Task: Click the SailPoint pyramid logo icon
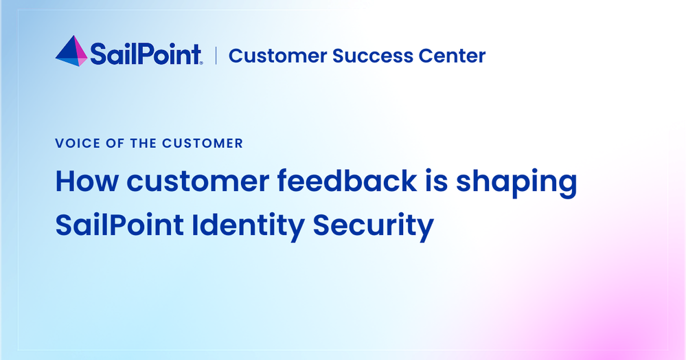pos(71,52)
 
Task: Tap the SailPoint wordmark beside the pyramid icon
pos(146,54)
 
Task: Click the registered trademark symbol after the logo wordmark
pos(201,63)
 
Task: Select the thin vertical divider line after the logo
pos(216,56)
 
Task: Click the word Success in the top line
pos(372,56)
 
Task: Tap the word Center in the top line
pos(452,56)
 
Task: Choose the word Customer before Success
pos(277,56)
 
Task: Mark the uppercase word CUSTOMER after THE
pos(203,143)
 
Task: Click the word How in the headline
pos(87,181)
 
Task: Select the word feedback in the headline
pos(347,180)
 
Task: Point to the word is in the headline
pos(437,181)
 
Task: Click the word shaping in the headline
pos(516,183)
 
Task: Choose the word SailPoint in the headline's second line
pos(119,225)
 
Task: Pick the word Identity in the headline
pos(248,227)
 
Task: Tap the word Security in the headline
pos(373,227)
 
